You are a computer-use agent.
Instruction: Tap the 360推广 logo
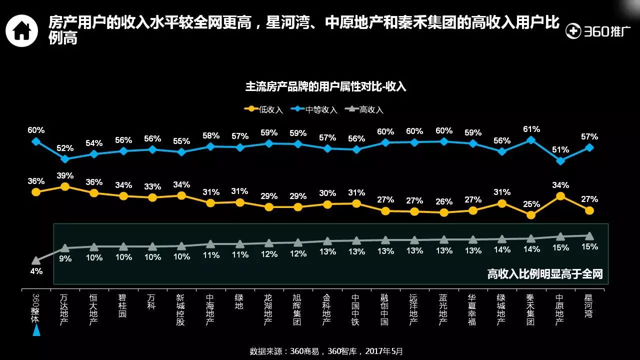(594, 31)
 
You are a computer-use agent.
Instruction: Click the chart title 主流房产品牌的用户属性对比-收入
(325, 86)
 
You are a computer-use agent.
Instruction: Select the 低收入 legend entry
(264, 109)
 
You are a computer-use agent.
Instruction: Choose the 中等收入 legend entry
(315, 109)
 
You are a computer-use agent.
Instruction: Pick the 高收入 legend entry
(365, 109)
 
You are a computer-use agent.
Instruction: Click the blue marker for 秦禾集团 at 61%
(531, 140)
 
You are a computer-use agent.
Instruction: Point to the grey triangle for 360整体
(35, 260)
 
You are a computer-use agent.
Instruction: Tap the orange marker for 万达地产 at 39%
(64, 186)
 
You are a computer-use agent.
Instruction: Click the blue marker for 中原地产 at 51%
(560, 161)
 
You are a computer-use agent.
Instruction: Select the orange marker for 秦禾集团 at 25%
(531, 215)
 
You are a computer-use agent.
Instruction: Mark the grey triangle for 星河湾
(589, 235)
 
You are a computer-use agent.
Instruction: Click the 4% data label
(36, 271)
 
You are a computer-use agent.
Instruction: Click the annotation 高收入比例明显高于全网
(545, 274)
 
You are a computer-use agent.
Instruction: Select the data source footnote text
(326, 351)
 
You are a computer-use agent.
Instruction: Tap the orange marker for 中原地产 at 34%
(560, 196)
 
